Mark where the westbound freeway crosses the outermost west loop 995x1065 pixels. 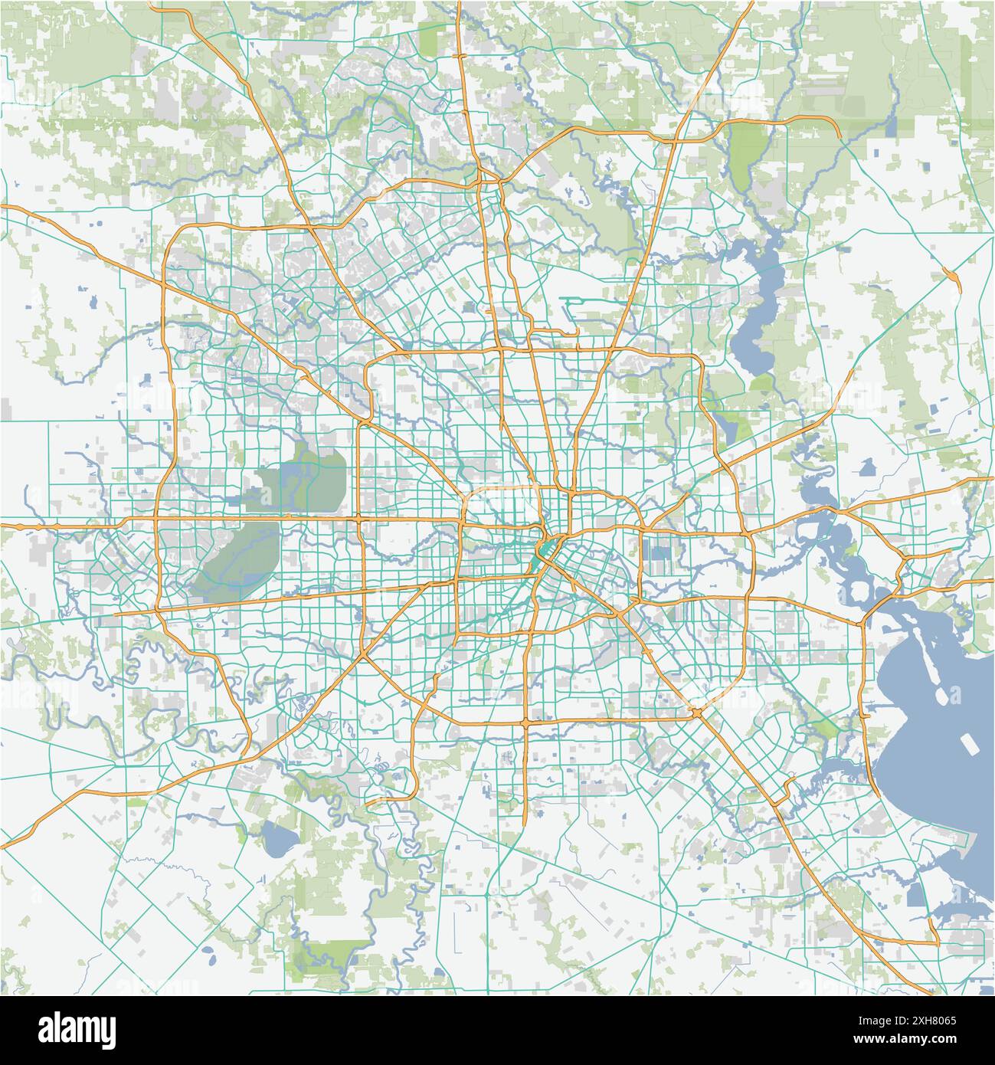(156, 524)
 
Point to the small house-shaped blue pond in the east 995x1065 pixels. (868, 466)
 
